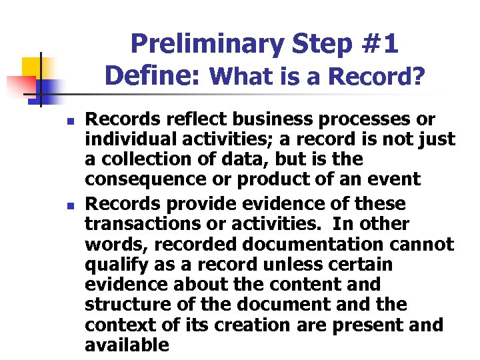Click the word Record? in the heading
382,77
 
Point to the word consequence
141,180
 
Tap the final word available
127,345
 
